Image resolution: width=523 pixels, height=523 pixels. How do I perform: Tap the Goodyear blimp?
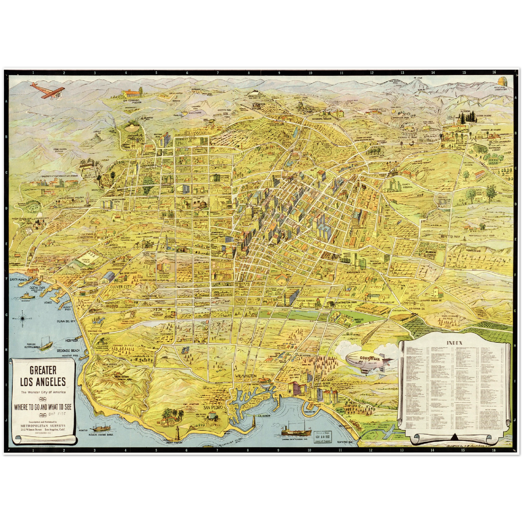click(366, 360)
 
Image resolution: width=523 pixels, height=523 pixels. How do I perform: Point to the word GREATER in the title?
click(43, 370)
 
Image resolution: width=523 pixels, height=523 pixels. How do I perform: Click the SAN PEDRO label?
click(212, 407)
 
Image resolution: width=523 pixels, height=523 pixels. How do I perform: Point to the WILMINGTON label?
click(246, 376)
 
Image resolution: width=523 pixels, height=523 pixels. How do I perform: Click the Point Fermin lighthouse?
click(177, 433)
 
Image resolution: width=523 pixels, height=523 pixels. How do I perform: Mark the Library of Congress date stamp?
click(324, 437)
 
